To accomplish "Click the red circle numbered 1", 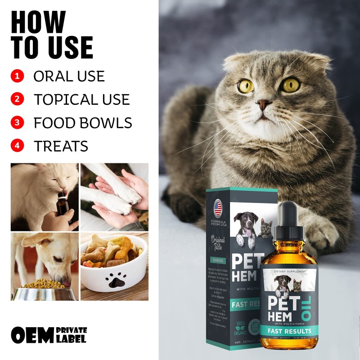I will [x=17, y=76].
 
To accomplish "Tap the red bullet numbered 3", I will [x=17, y=122].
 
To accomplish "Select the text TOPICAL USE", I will [x=81, y=99].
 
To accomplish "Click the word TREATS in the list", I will [x=61, y=146].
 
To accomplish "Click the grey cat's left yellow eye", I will [x=246, y=86].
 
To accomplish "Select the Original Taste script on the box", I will [x=218, y=243].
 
